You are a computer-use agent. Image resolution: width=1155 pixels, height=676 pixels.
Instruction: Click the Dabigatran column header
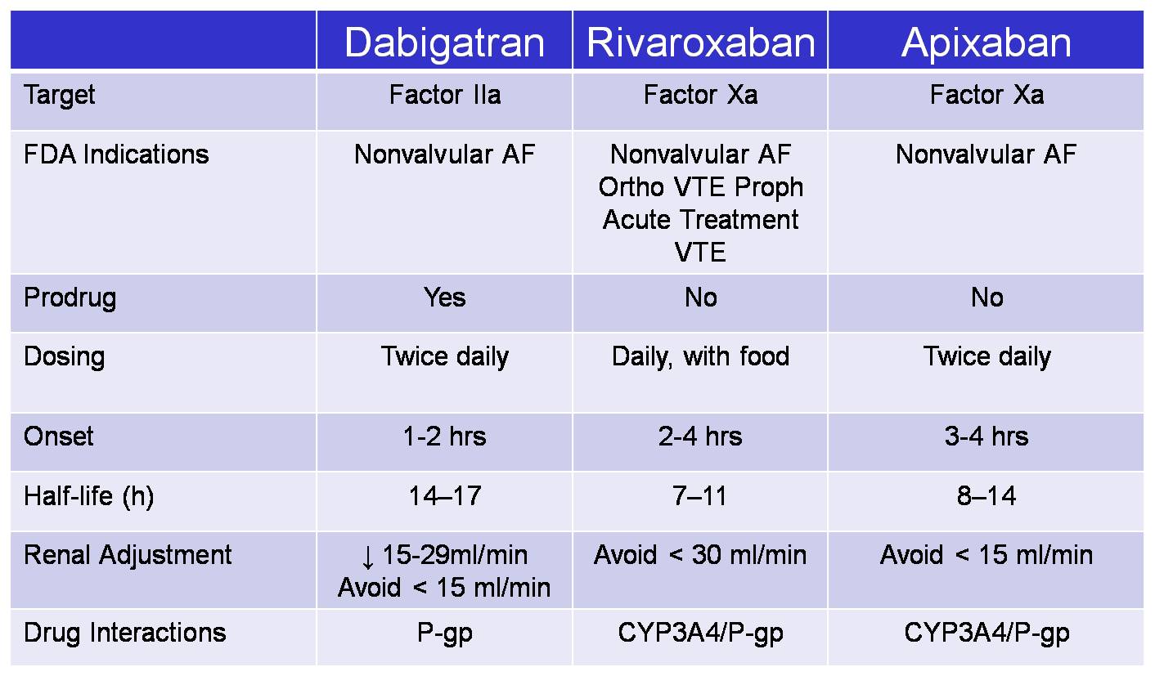coord(444,43)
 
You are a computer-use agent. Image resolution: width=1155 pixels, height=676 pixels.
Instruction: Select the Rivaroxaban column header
coord(701,43)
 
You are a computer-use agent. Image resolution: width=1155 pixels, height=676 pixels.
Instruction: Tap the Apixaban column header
coord(986,43)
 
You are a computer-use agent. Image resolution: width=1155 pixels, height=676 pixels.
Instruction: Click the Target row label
coord(59,96)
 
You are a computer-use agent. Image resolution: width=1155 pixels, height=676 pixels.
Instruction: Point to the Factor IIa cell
coord(445,95)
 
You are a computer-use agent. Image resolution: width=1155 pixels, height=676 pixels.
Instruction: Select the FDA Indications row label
coord(116,154)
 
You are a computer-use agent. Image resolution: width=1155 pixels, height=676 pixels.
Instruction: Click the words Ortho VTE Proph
coord(701,188)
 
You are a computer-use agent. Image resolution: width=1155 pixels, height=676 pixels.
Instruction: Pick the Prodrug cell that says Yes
coord(444,298)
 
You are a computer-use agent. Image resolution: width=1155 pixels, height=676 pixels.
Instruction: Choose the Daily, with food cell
coord(701,357)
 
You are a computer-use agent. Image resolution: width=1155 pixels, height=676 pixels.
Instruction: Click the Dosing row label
coord(65,357)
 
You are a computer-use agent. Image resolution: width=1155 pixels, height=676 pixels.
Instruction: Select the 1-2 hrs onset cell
coord(444,436)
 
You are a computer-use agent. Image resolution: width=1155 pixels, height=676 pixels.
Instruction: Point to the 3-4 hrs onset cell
coord(986,436)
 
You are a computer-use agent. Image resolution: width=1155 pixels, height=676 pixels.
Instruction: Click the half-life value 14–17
coord(445,496)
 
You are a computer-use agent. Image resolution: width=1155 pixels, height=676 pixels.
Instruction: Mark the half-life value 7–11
coord(699,496)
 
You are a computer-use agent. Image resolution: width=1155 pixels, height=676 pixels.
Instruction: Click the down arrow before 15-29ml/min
coord(367,557)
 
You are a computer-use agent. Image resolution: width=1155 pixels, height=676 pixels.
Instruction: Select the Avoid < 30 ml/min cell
coord(700,556)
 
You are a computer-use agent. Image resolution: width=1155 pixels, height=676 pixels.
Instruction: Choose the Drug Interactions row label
coord(125,633)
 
